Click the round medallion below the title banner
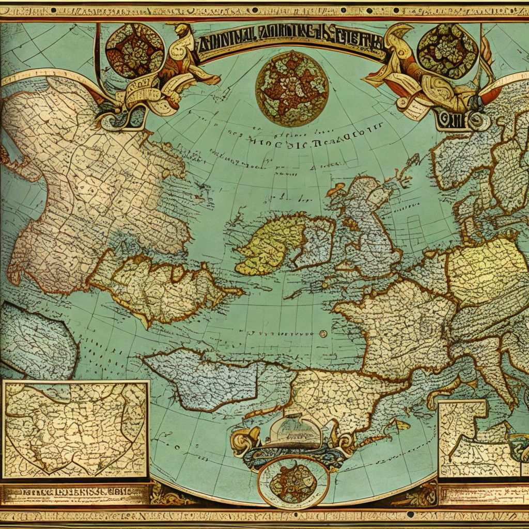click(292, 88)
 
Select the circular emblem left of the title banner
click(134, 50)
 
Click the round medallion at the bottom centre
click(293, 481)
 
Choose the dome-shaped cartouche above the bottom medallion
click(293, 432)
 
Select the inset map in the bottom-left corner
click(75, 429)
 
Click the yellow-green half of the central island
click(269, 243)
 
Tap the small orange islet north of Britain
click(336, 189)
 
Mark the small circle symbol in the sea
click(323, 334)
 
